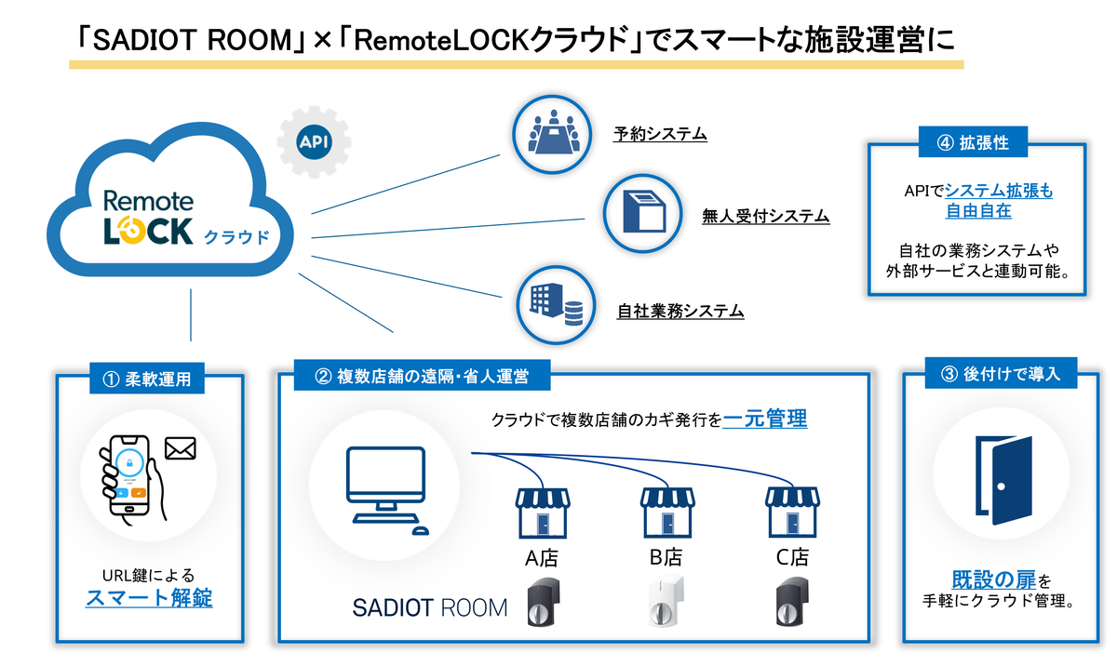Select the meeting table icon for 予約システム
coord(554,133)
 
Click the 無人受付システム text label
coord(765,217)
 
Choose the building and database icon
coord(556,303)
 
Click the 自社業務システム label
coord(680,312)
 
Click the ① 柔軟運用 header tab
coord(152,379)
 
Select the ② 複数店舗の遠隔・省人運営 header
coord(423,377)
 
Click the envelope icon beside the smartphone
coord(180,450)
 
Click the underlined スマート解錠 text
coord(149,597)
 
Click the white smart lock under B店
coord(666,602)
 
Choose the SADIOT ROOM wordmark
coord(430,607)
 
